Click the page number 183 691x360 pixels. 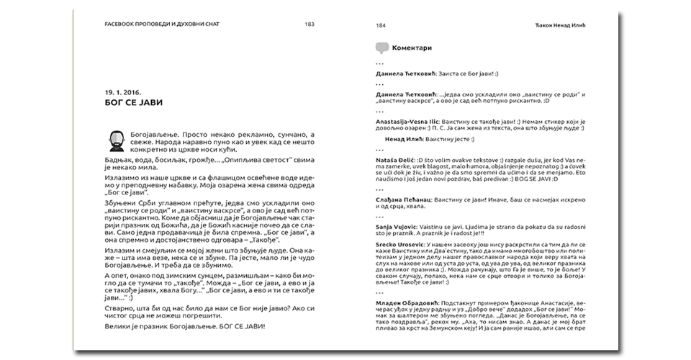click(309, 24)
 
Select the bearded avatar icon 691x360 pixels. click(114, 139)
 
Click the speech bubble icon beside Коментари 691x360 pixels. click(382, 49)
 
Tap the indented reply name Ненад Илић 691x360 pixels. click(404, 137)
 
